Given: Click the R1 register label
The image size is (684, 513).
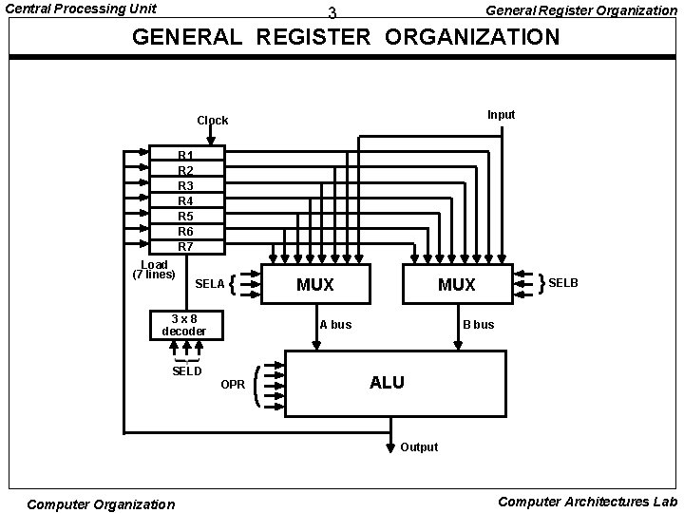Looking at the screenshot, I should tap(186, 154).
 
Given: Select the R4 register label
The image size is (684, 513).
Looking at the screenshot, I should tap(186, 200).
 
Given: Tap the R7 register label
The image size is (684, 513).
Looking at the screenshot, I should tap(186, 246).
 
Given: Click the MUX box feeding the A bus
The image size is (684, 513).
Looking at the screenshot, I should tap(315, 284).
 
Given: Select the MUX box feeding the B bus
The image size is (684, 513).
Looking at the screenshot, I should tap(456, 284).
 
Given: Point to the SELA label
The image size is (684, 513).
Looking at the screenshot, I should tap(210, 284).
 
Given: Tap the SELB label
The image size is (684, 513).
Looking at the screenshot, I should tap(563, 283).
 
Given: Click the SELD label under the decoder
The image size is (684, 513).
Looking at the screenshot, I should tap(187, 370).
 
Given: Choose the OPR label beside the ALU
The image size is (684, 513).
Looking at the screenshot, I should tap(233, 385).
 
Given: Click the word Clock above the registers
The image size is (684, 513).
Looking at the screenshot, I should tap(213, 121).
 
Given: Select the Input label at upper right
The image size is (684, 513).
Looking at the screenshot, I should tap(502, 115).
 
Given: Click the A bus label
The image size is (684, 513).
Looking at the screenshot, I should tap(335, 325).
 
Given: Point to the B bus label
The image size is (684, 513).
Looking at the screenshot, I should tap(479, 325).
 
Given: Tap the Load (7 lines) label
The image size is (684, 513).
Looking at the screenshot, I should tap(154, 270).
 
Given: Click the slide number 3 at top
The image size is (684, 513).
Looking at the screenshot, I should tap(332, 13).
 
